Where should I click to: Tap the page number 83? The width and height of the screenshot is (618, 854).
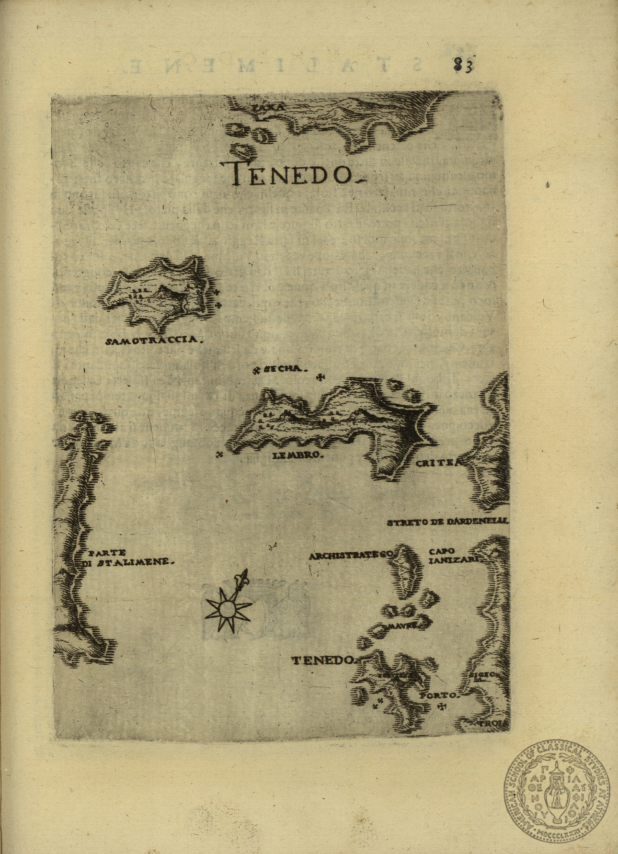(x=463, y=65)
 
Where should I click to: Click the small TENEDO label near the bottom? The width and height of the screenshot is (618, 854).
(x=322, y=660)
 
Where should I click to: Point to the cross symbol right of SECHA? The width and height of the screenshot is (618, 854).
(x=320, y=378)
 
